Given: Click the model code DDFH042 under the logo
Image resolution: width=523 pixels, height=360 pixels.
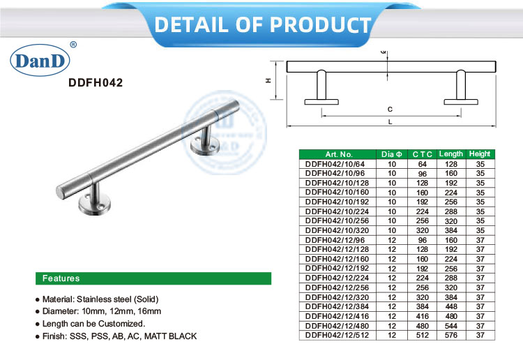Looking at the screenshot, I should tap(96, 82).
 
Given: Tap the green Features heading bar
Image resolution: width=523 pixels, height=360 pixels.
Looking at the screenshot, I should tap(153, 278).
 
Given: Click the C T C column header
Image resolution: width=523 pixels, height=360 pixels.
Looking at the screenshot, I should tap(422, 154).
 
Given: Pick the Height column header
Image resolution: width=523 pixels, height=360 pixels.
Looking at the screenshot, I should tap(480, 154).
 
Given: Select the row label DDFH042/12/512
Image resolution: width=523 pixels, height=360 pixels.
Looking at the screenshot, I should tap(333, 335).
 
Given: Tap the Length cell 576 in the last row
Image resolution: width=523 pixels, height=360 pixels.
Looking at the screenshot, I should tap(450, 335).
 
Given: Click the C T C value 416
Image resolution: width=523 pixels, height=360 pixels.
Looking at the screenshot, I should tap(422, 316).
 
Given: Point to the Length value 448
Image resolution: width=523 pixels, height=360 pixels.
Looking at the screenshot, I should tap(450, 306).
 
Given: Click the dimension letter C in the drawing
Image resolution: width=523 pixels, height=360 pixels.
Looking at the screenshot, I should tap(390, 110).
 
